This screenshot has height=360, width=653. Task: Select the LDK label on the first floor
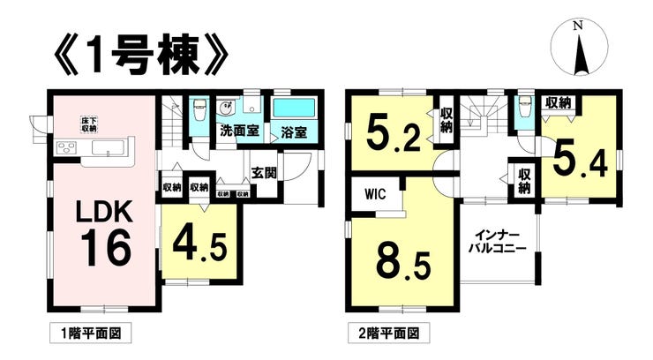104,213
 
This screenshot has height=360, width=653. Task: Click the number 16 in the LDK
106,248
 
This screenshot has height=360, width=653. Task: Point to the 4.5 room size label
200,246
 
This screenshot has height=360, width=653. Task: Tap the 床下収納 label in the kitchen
88,125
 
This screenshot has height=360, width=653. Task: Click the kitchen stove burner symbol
67,147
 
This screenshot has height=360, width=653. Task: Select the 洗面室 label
239,131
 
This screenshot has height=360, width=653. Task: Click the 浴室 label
294,132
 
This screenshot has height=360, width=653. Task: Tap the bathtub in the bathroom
294,109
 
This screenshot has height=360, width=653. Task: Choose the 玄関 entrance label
265,173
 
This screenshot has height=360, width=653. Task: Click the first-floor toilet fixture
199,109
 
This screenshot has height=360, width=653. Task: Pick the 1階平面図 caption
91,334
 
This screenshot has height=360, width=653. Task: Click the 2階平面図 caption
388,334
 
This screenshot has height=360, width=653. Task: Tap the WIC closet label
375,194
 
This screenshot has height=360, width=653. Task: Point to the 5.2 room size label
394,132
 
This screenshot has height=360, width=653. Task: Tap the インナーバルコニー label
498,242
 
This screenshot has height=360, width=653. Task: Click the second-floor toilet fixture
524,108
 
